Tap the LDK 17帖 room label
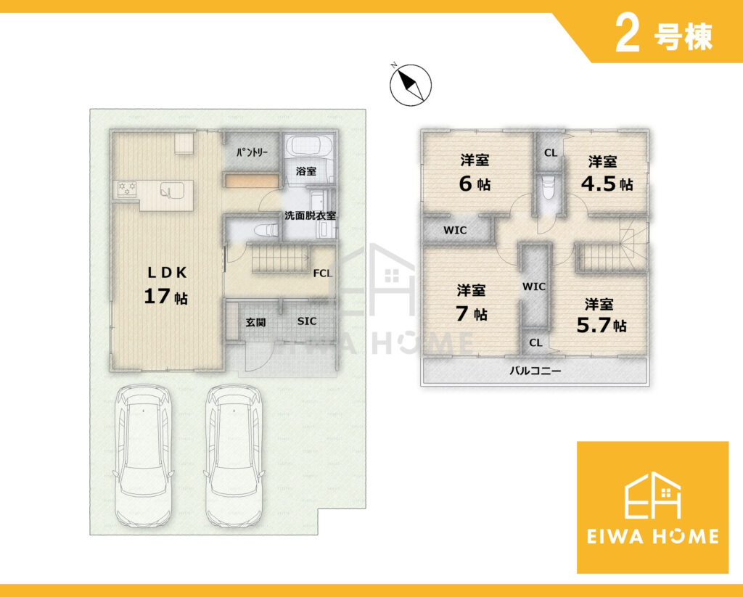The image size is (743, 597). (x=166, y=285)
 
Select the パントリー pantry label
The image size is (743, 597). (x=252, y=152)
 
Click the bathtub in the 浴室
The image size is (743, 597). (x=310, y=145)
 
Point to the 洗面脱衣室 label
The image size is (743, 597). (x=310, y=215)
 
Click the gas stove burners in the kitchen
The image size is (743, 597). (x=127, y=189)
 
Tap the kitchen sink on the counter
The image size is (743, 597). (x=168, y=190)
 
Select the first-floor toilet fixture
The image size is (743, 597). (x=266, y=230)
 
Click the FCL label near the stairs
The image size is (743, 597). (x=323, y=273)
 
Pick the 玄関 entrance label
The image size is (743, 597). (x=256, y=323)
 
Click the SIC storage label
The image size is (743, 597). (x=307, y=321)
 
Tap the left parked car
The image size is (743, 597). (x=143, y=456)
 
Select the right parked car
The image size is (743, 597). (x=234, y=456)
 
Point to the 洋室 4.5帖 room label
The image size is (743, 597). (x=607, y=173)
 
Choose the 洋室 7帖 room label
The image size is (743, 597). (x=472, y=302)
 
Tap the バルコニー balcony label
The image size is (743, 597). (x=535, y=371)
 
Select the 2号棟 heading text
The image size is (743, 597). (x=663, y=36)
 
